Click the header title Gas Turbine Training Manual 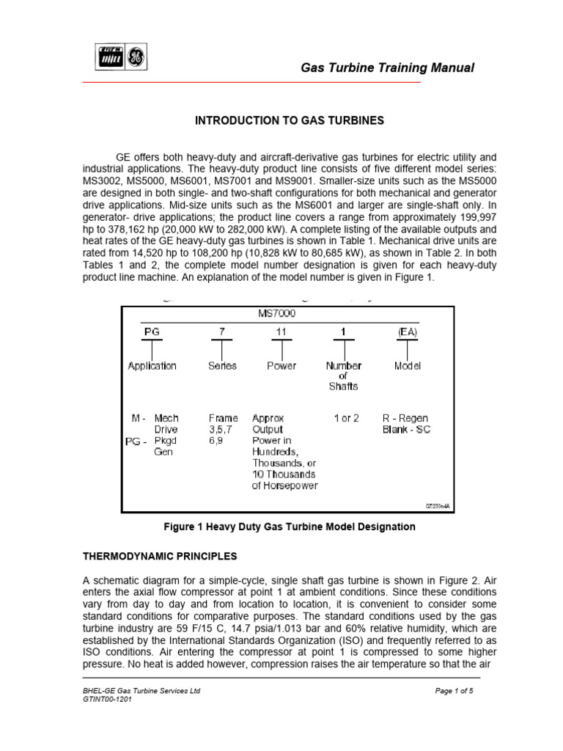(x=388, y=68)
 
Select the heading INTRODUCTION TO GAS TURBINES (x=289, y=120)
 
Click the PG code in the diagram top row (x=152, y=331)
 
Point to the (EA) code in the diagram (x=407, y=331)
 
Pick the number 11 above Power (x=281, y=331)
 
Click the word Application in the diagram (x=152, y=365)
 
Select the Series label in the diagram (x=222, y=365)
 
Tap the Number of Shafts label (x=343, y=375)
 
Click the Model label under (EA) (x=408, y=365)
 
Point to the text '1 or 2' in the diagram (x=346, y=418)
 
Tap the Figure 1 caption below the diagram (x=287, y=527)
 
